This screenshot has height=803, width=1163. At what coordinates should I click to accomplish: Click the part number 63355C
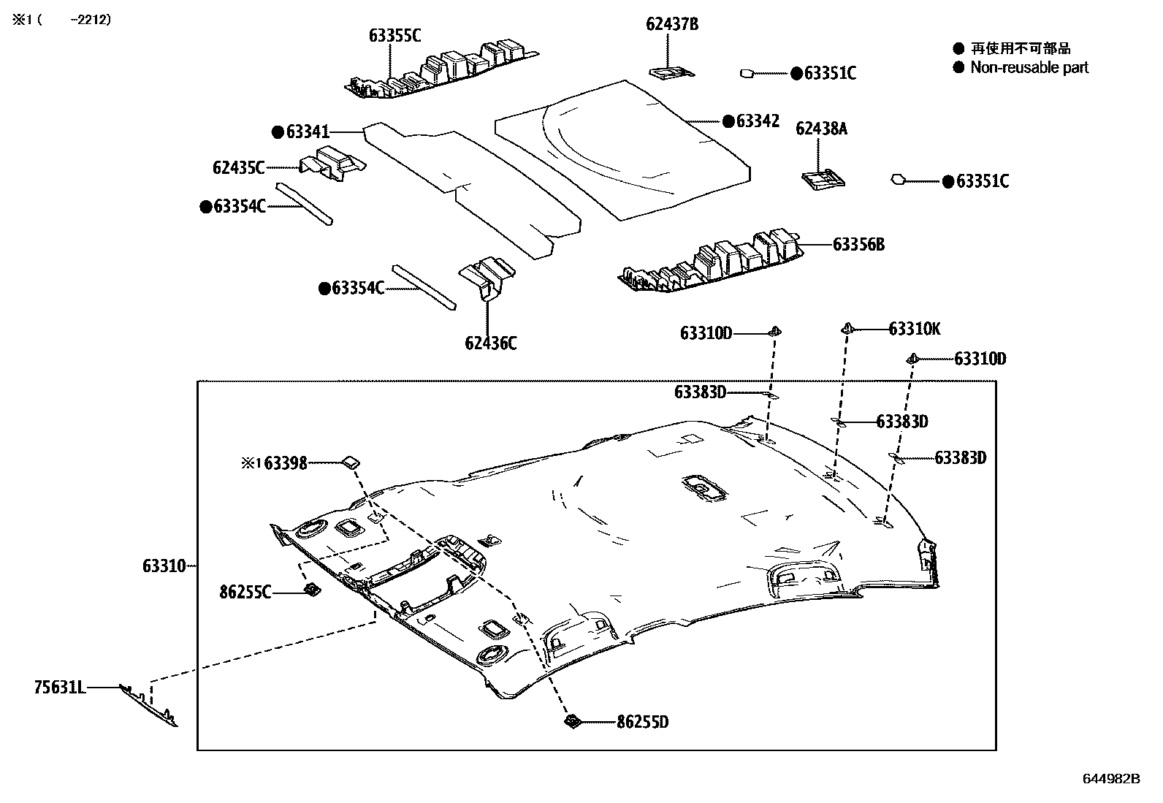(x=394, y=34)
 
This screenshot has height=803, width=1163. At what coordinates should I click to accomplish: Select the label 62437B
(x=672, y=24)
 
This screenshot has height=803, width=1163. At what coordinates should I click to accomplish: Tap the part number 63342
(x=758, y=121)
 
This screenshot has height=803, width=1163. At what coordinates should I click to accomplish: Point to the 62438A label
(x=822, y=129)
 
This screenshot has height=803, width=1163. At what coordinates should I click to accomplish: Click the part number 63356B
(x=858, y=244)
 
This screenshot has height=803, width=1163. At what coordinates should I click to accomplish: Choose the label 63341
(x=308, y=132)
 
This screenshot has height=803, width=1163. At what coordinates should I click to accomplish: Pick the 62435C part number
(x=238, y=167)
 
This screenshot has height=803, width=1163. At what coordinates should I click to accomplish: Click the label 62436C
(x=490, y=343)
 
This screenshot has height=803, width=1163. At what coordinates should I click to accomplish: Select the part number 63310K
(x=915, y=330)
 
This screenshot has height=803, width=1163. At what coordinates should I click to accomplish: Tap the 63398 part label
(x=285, y=463)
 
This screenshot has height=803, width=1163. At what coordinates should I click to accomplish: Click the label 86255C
(x=245, y=592)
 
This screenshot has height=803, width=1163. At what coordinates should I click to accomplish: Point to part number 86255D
(x=643, y=723)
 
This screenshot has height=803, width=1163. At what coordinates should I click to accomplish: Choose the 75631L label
(x=60, y=687)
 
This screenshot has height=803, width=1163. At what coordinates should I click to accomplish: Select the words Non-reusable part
(x=1029, y=68)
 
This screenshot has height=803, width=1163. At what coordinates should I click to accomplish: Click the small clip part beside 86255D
(x=572, y=722)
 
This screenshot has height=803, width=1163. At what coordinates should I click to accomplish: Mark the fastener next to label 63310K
(x=847, y=328)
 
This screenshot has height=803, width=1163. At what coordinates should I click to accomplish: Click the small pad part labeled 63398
(x=351, y=461)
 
